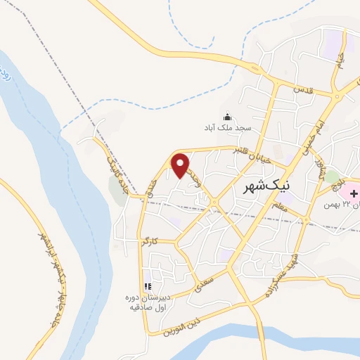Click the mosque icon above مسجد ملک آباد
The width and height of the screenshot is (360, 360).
[227, 117]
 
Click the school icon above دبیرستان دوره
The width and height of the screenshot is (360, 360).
[148, 286]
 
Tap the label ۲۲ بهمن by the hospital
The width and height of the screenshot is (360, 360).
[340, 205]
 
